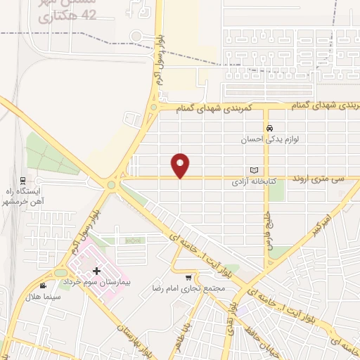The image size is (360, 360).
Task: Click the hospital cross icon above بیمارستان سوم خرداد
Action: [x=96, y=271]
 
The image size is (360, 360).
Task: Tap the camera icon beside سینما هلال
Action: [x=44, y=285]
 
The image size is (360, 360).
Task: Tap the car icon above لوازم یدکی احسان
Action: [x=269, y=128]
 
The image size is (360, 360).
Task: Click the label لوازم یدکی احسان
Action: [x=269, y=139]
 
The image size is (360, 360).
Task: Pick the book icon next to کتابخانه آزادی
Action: [x=255, y=170]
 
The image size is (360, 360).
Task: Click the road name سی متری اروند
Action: [x=320, y=179]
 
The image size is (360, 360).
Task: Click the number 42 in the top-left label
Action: [x=89, y=15]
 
